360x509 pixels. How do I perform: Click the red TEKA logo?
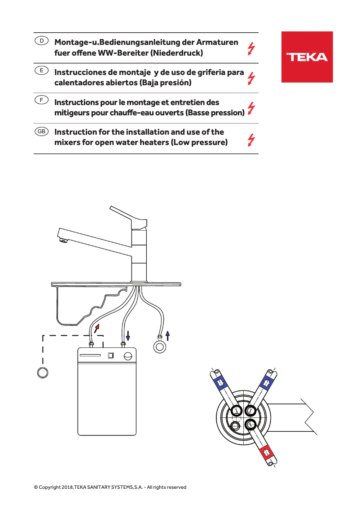(x=307, y=57)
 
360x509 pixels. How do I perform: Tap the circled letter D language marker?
(x=41, y=41)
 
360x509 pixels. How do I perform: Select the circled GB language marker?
(x=41, y=132)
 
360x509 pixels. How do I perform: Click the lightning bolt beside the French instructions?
(x=251, y=109)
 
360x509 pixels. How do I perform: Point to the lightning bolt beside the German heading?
(x=251, y=48)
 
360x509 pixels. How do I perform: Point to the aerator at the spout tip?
(x=63, y=241)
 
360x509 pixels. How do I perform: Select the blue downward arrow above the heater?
(x=128, y=335)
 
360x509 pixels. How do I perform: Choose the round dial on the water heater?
(x=127, y=356)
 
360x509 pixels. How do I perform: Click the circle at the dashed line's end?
(x=43, y=372)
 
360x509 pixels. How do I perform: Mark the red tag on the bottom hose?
(x=267, y=451)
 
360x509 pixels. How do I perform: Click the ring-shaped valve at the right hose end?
(x=159, y=347)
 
